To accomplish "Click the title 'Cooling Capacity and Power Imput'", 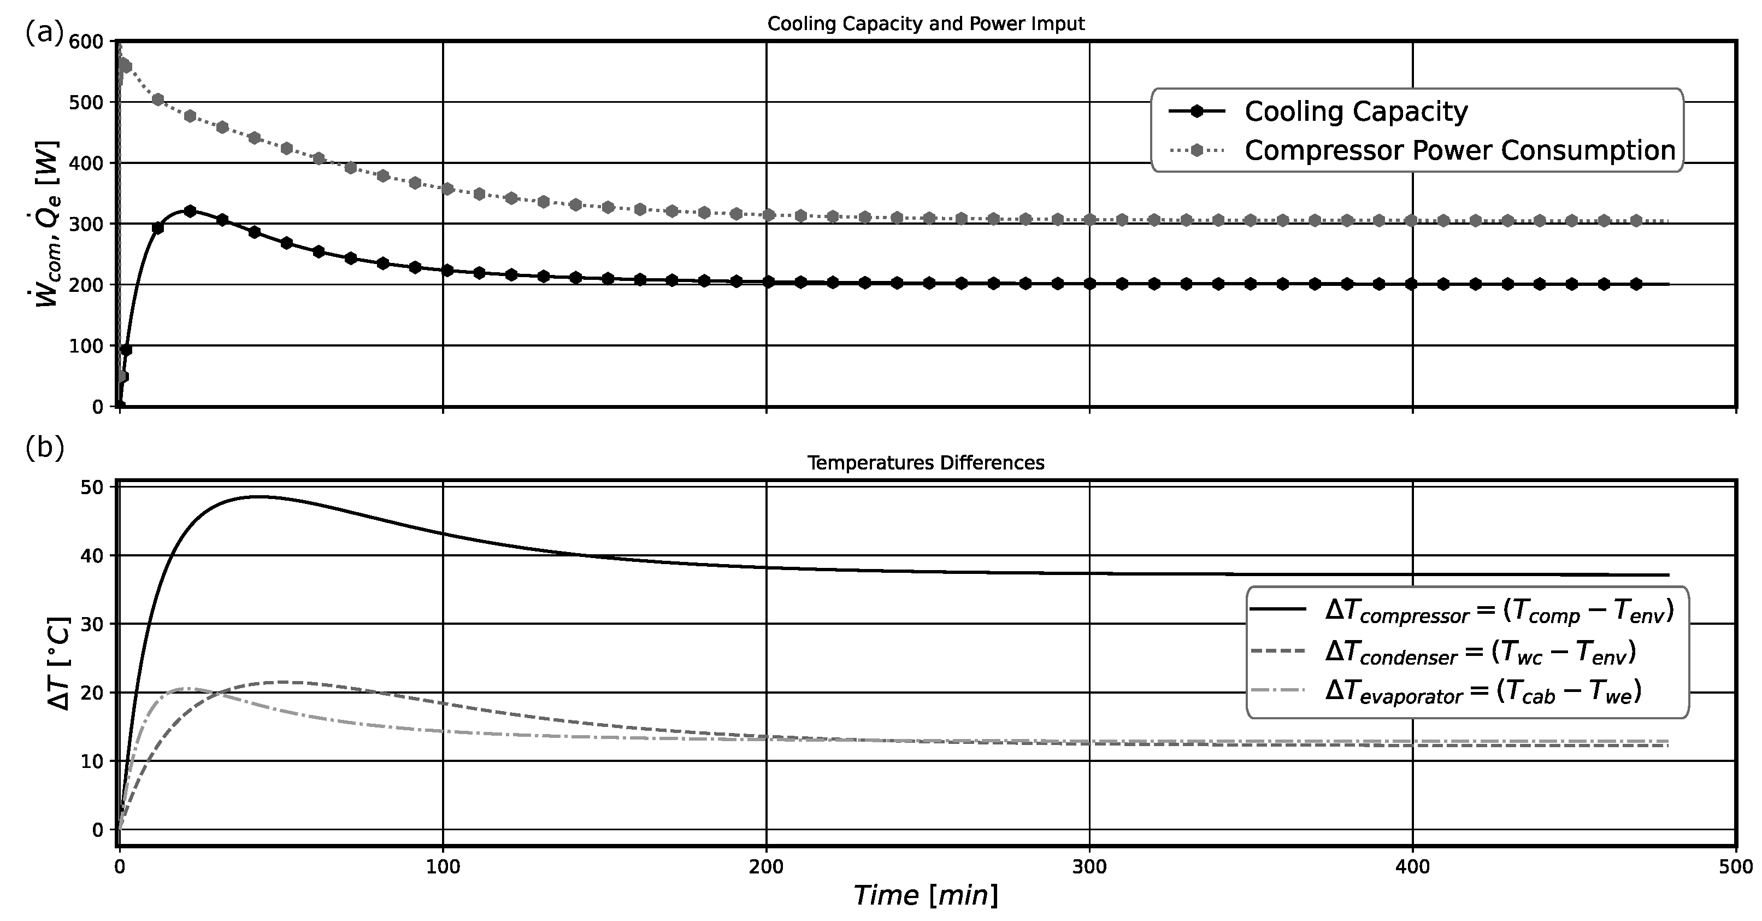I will pyautogui.click(x=926, y=24).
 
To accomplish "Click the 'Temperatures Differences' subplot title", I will pyautogui.click(x=926, y=464).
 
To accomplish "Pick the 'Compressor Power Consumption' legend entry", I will pyautogui.click(x=1459, y=150).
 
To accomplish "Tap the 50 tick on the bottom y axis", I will pyautogui.click(x=92, y=487).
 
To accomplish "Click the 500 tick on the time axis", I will pyautogui.click(x=1736, y=867).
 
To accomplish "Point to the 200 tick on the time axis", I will pyautogui.click(x=766, y=867).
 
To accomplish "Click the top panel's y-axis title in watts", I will pyautogui.click(x=48, y=224).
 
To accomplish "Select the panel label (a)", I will pyautogui.click(x=44, y=32).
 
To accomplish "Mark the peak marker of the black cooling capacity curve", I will pyautogui.click(x=190, y=211).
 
